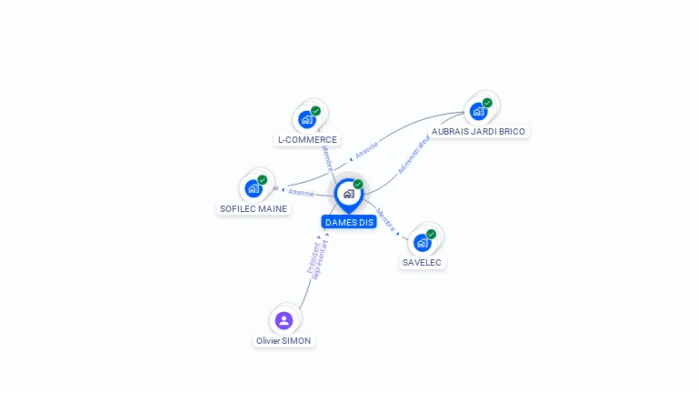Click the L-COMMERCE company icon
(x=307, y=119)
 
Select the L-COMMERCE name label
(x=307, y=140)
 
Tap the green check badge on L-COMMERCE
(x=315, y=111)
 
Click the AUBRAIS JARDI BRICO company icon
(x=478, y=111)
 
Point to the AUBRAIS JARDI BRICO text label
(x=478, y=131)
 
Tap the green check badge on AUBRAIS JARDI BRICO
(x=487, y=103)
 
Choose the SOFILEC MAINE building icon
(x=253, y=188)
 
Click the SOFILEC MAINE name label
(x=254, y=208)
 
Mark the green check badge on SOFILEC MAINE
(x=262, y=180)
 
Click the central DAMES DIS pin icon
(x=348, y=194)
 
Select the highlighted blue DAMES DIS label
(x=349, y=222)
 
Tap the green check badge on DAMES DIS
(x=358, y=185)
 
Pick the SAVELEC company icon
(x=422, y=242)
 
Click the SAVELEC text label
(x=423, y=262)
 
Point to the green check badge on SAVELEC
(x=431, y=234)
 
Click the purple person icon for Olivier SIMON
(x=284, y=320)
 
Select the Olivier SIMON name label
(x=284, y=340)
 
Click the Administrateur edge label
(x=414, y=155)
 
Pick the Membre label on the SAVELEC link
(x=385, y=220)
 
